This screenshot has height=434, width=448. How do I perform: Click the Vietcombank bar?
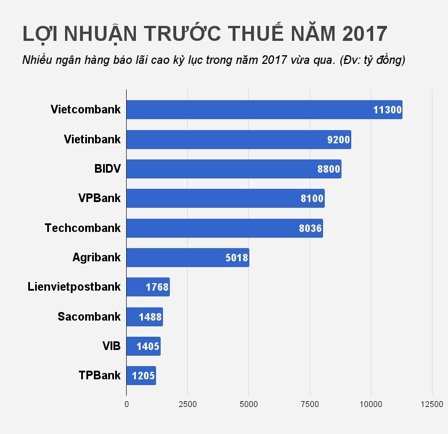tap(264, 110)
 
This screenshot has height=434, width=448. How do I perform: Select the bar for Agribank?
tap(187, 257)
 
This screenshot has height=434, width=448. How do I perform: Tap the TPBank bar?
tap(141, 375)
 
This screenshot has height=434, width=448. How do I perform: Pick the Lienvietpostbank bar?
tap(147, 287)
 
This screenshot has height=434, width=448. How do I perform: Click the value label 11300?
tap(387, 110)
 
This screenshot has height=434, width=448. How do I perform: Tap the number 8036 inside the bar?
tap(310, 228)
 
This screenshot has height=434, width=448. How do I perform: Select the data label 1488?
tap(150, 317)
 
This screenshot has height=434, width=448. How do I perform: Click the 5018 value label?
tap(236, 257)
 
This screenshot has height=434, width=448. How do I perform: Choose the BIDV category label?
tap(107, 169)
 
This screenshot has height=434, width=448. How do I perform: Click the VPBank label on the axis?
tap(99, 198)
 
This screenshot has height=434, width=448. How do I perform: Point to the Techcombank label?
tap(82, 228)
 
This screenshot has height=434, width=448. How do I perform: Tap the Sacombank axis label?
tap(89, 316)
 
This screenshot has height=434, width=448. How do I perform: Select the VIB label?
tap(111, 346)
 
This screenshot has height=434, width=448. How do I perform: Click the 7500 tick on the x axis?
tap(310, 404)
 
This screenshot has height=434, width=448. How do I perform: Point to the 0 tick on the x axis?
tap(127, 404)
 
